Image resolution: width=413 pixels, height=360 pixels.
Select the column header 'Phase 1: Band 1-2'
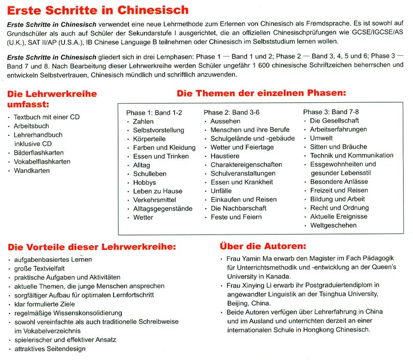point(154,112)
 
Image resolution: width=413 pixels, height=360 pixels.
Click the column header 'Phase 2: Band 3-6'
point(232,112)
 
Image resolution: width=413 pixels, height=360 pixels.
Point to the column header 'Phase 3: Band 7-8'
point(331,112)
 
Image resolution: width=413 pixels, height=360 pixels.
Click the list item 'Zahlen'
point(143,121)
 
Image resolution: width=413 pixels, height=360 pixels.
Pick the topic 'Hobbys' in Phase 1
point(145,182)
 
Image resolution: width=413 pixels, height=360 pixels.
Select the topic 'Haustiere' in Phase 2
point(225,156)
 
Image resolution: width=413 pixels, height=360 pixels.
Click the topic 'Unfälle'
point(221,191)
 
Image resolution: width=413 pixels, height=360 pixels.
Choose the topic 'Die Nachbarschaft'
point(239,208)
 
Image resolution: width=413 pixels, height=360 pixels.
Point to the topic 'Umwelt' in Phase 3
point(321,138)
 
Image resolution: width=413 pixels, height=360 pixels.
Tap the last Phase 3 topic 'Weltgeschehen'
point(333,225)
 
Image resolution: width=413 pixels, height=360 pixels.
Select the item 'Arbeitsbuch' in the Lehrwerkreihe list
point(31,126)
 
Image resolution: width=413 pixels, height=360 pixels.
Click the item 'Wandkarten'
point(31,170)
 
